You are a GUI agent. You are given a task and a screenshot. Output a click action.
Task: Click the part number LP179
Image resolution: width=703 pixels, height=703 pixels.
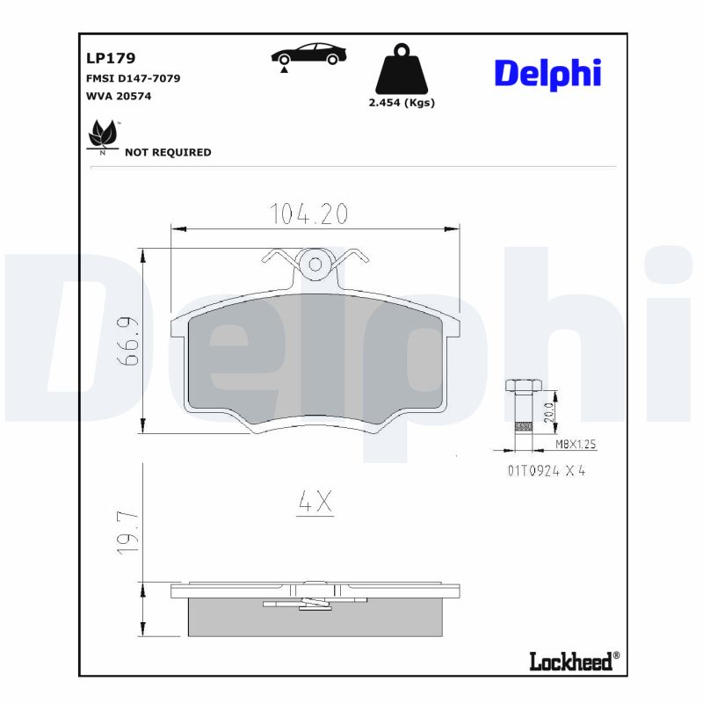point(110,58)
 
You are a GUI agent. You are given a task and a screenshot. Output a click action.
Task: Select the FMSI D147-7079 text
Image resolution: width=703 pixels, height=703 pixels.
point(134,78)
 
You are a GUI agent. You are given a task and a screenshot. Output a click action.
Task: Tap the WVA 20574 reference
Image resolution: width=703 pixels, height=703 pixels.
point(119,96)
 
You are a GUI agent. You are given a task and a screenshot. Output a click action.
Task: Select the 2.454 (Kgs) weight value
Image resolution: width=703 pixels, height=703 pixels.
point(401,102)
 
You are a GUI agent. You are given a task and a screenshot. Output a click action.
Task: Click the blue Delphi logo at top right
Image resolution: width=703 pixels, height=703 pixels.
point(547,74)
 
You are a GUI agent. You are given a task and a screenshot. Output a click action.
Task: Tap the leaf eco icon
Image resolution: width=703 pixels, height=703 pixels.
point(103,137)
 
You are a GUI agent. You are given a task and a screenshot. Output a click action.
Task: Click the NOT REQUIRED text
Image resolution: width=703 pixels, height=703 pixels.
point(168,152)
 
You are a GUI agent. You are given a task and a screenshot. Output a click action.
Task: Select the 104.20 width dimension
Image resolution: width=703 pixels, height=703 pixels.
point(308,214)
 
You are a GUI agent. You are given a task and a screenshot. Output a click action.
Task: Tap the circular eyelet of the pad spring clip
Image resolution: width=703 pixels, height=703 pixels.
point(314,263)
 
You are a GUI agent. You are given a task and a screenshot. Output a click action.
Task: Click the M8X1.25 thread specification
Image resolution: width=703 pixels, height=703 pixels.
point(575,446)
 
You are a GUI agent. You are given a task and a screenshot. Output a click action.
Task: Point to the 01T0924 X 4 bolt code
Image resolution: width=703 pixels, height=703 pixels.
point(546,470)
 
